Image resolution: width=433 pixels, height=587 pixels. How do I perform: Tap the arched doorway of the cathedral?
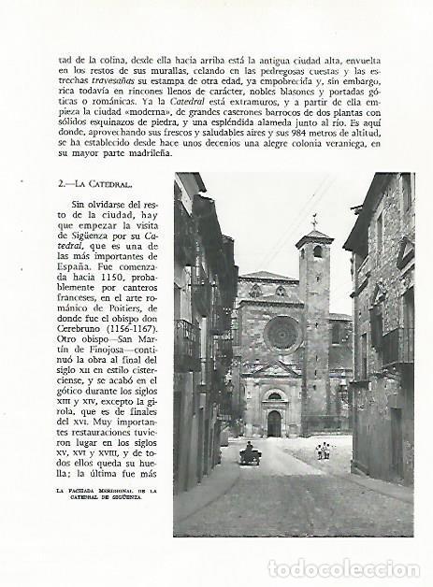tap(274, 423)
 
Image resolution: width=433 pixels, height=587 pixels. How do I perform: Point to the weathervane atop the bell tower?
tap(314, 221)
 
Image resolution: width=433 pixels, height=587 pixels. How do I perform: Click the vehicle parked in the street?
tap(250, 455)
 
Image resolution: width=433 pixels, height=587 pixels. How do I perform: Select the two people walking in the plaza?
tap(323, 451)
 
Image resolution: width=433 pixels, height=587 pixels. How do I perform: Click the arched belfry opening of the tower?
tap(317, 251)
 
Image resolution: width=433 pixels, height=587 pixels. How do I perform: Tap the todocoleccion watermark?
tap(344, 569)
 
